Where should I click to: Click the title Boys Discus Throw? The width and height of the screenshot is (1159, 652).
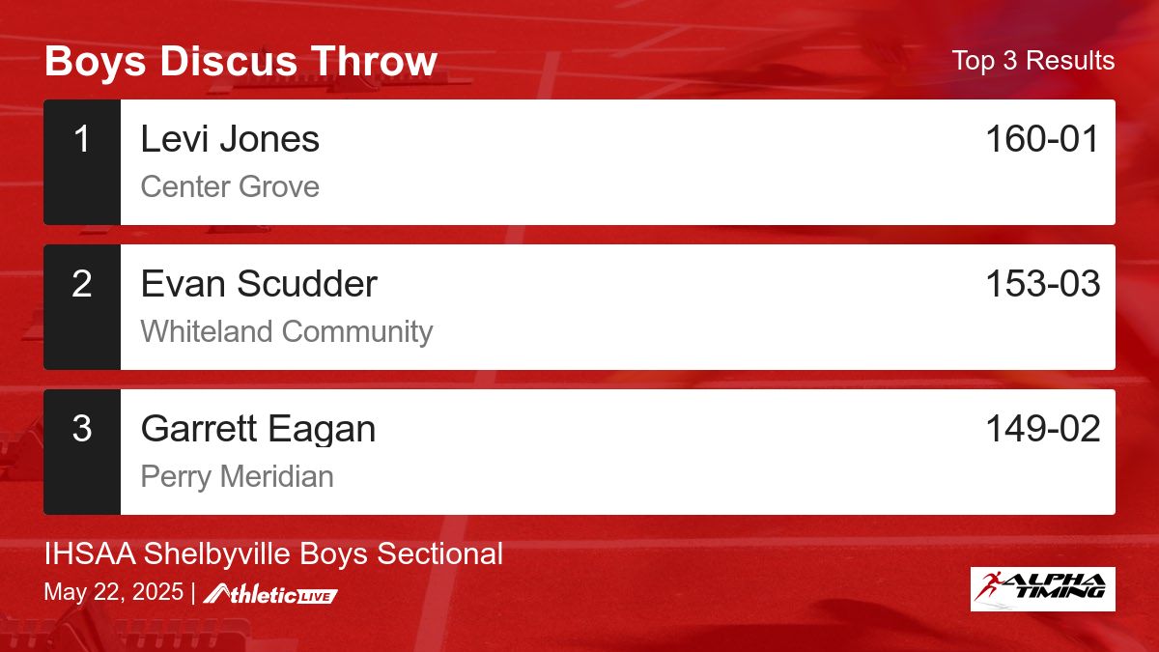click(240, 61)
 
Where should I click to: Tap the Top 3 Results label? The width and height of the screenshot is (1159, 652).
click(1032, 61)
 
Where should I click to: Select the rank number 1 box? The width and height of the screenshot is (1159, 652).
click(82, 161)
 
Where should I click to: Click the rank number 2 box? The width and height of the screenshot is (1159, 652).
click(82, 306)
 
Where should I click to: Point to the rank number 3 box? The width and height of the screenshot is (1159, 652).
click(82, 451)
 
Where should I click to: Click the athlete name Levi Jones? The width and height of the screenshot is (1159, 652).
click(230, 139)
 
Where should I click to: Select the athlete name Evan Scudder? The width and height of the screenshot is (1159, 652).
click(259, 284)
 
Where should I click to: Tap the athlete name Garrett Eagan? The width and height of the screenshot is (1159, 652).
click(258, 429)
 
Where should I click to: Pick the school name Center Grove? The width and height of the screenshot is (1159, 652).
click(230, 186)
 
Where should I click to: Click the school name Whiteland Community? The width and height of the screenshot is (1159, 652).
click(287, 331)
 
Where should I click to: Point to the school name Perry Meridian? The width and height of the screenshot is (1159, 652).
click(237, 476)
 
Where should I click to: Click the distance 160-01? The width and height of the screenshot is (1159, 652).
click(1042, 139)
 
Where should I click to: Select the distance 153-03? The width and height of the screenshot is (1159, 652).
click(1042, 284)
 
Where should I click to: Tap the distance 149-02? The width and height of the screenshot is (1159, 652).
click(1042, 429)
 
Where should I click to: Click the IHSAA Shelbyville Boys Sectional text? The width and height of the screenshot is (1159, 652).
click(273, 553)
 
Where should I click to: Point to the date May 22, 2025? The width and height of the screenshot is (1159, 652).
click(113, 592)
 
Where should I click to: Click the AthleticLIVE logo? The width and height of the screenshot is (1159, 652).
click(271, 594)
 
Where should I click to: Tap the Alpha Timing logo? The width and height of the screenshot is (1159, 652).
click(1042, 588)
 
